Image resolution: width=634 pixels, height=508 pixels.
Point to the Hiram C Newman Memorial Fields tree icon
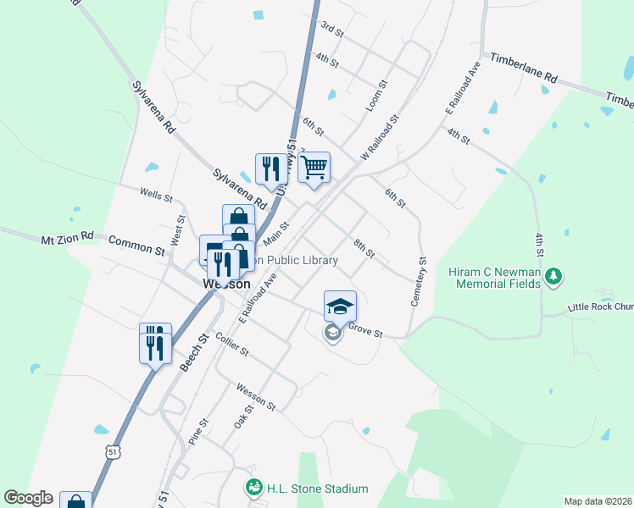[x=553, y=275]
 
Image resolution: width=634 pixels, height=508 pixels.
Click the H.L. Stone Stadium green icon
[x=253, y=488]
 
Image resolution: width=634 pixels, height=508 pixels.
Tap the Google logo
[x=28, y=499]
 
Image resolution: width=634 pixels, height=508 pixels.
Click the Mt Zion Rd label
[x=67, y=240]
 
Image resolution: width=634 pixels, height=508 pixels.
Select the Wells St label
[x=157, y=196]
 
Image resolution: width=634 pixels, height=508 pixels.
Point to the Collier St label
[x=231, y=345]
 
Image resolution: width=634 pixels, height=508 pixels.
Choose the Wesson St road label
[x=256, y=395]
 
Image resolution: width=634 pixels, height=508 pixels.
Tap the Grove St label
[x=365, y=329]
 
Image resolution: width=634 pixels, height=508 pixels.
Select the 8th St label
[x=364, y=248]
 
